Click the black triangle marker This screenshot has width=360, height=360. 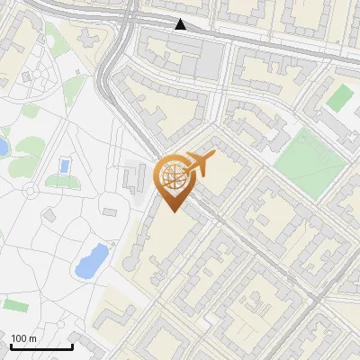(x=181, y=24)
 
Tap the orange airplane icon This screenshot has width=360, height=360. (x=200, y=164)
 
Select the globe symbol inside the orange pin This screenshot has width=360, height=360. (x=172, y=177)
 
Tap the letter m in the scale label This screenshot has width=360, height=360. (x=33, y=338)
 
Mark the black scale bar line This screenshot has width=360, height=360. (x=41, y=346)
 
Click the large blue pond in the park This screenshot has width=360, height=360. (x=91, y=260)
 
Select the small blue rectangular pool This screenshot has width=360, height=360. (x=64, y=166)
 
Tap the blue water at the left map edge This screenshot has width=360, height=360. (x=3, y=147)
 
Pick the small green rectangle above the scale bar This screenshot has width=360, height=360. (x=14, y=304)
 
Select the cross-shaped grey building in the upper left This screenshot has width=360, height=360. (x=89, y=40)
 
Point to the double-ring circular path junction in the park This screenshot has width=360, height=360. (x=32, y=189)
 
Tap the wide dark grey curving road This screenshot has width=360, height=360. (x=112, y=81)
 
